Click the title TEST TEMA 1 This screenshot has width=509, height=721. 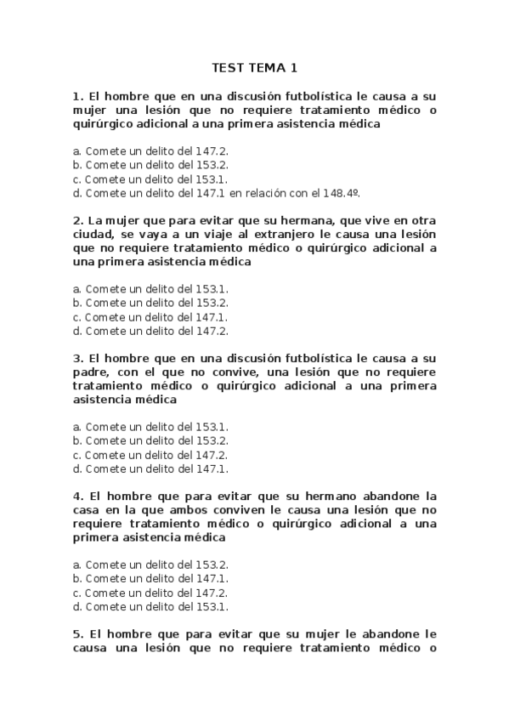pos(255,68)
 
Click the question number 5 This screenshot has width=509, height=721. pos(77,633)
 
